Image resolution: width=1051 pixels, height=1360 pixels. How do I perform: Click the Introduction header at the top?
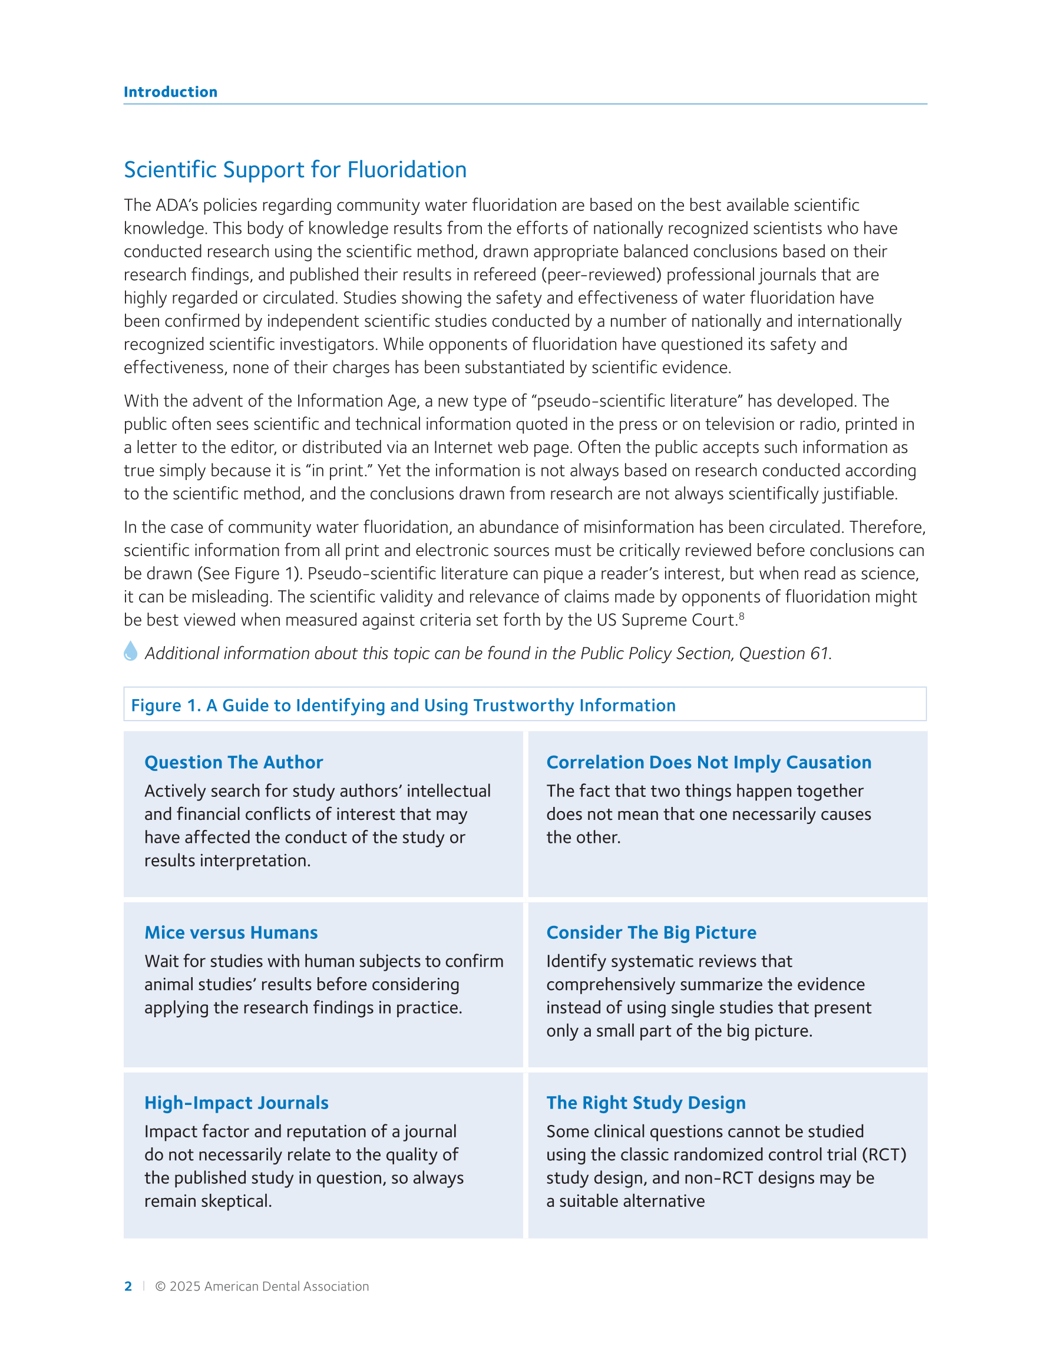[170, 92]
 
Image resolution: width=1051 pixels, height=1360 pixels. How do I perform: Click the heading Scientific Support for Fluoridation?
[295, 170]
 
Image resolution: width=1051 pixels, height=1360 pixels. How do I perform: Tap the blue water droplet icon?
[130, 651]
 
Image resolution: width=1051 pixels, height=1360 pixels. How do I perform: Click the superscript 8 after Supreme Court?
[741, 616]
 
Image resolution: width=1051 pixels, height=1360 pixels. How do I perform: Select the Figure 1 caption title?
[403, 705]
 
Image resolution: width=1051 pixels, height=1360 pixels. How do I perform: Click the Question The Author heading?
[234, 762]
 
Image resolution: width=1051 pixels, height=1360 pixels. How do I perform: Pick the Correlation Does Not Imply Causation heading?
[708, 762]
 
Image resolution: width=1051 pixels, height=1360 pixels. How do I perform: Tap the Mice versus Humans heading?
[231, 932]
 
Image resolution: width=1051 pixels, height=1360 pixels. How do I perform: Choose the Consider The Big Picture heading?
[651, 932]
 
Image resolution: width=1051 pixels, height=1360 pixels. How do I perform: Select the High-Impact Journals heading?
[236, 1103]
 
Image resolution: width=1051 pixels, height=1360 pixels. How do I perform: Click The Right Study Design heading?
[646, 1103]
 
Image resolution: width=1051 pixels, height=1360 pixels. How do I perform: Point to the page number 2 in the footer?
[128, 1286]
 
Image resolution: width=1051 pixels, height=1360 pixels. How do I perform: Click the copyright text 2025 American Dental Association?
[262, 1286]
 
